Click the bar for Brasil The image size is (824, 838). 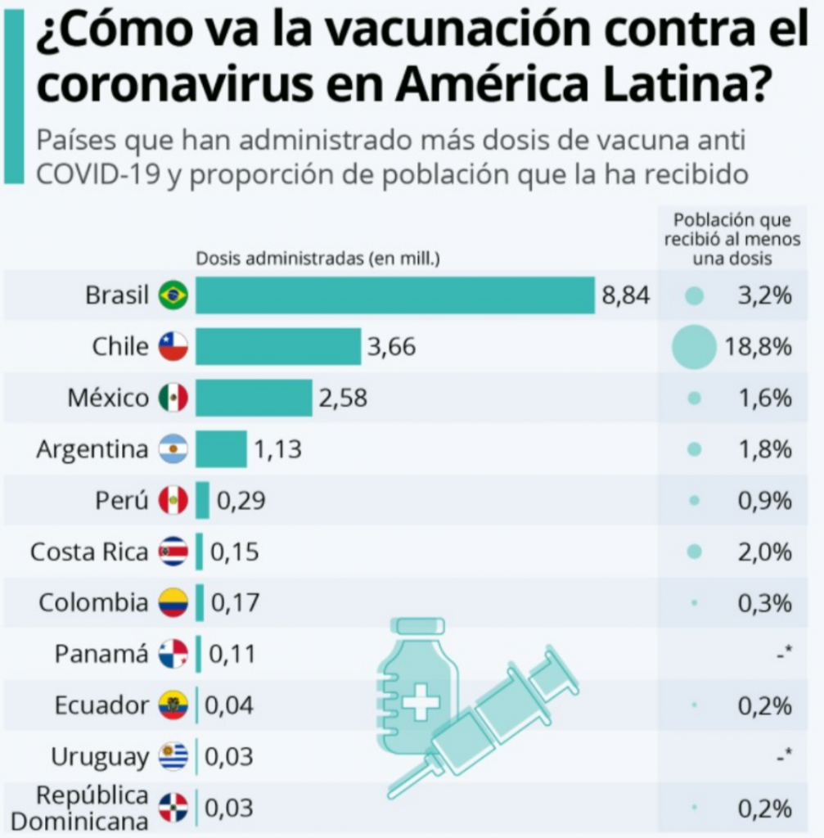tap(394, 295)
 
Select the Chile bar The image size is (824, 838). tap(278, 347)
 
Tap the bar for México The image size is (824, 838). tap(254, 398)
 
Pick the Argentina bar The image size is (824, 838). tap(221, 449)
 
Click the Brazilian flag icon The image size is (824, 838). tap(173, 295)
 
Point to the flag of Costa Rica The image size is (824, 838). tap(173, 552)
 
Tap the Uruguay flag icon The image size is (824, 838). tap(173, 756)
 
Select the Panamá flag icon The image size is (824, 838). tap(173, 654)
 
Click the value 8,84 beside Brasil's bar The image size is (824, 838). tap(626, 295)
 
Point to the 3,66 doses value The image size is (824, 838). tap(391, 347)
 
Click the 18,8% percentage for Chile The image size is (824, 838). tap(759, 347)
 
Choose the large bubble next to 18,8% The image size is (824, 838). tap(694, 347)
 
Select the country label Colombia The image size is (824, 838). tap(93, 603)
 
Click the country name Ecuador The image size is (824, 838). tap(101, 705)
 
